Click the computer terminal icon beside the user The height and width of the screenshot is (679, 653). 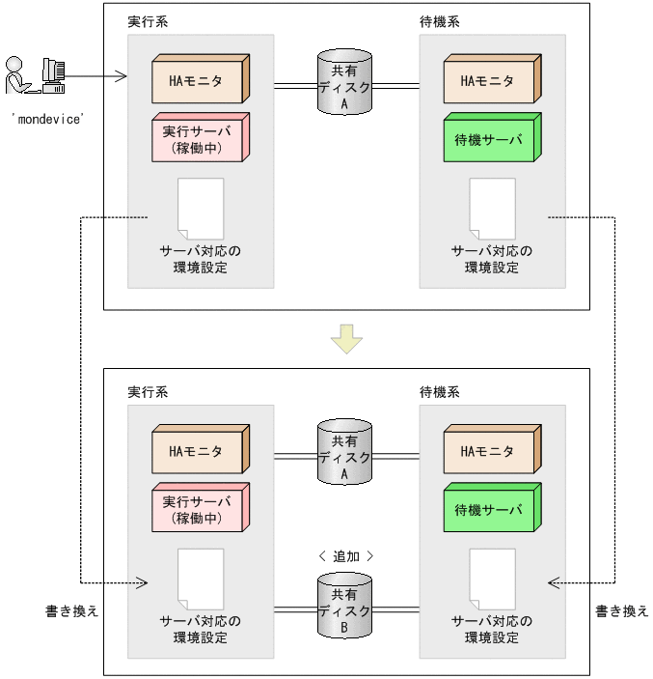point(54,75)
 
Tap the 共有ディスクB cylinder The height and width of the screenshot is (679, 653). point(344,607)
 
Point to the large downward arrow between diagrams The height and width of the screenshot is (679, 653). point(345,339)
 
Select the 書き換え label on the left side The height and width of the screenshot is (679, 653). point(72,611)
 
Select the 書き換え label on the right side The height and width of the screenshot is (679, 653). point(621,611)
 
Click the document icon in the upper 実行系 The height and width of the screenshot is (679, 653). point(201,209)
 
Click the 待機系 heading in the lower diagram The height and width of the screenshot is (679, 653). point(439,392)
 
